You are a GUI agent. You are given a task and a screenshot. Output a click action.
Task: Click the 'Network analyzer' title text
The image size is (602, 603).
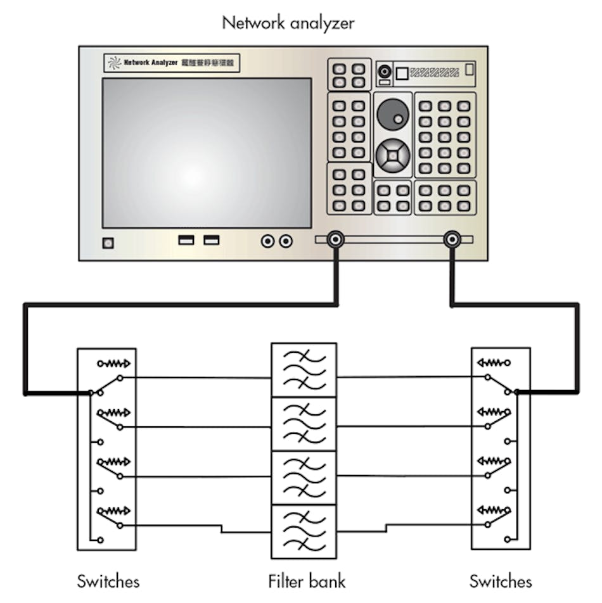288,23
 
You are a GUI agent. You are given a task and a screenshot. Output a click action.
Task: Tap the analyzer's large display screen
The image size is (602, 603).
207,152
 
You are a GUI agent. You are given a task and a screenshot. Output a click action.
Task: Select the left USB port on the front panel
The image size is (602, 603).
186,240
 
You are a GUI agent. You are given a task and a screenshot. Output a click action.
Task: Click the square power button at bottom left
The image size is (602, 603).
108,243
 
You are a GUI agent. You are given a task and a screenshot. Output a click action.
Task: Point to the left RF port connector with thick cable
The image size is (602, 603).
335,239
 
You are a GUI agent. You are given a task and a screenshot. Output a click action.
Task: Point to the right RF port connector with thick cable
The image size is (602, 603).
452,239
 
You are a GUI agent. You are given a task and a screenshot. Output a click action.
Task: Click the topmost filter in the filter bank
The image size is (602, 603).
304,370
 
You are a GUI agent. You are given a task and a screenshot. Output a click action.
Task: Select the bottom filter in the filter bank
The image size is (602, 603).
304,531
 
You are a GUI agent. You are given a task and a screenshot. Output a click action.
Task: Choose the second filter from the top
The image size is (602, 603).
304,423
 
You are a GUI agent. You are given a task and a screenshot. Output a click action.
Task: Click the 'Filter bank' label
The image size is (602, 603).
307,580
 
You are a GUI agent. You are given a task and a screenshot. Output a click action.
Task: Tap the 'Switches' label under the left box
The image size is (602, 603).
108,580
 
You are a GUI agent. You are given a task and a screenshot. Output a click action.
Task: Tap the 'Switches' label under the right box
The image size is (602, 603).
501,580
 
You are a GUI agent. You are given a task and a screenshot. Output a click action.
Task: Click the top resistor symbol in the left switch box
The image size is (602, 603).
114,364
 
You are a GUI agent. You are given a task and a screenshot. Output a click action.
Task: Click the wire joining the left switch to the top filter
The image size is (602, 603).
196,378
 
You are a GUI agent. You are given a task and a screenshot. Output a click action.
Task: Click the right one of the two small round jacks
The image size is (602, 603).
286,241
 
